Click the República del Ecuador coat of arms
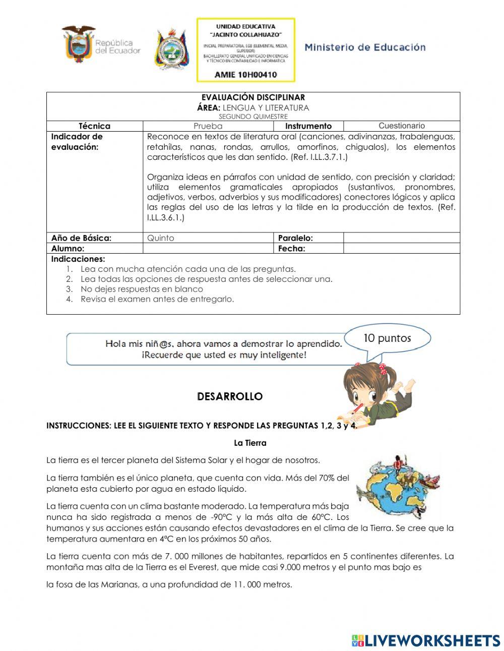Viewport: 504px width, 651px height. click(79, 44)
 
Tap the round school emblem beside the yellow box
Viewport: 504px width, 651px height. click(172, 49)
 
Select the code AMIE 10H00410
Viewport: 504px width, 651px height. click(245, 75)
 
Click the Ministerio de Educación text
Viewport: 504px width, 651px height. click(365, 47)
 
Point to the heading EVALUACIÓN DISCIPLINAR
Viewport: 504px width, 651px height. click(253, 97)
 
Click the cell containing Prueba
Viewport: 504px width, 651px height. click(208, 126)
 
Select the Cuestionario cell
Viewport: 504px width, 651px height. click(401, 126)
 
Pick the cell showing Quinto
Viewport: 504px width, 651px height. click(208, 238)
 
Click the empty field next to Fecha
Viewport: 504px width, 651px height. click(401, 249)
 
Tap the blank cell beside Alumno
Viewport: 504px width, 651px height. click(208, 249)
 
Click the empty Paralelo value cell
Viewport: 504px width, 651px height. click(401, 238)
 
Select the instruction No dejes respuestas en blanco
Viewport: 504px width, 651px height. click(142, 289)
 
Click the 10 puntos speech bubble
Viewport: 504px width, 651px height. click(387, 338)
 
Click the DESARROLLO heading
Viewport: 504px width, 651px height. click(230, 397)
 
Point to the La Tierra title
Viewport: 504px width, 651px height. click(250, 443)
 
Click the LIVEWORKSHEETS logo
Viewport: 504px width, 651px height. click(426, 640)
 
